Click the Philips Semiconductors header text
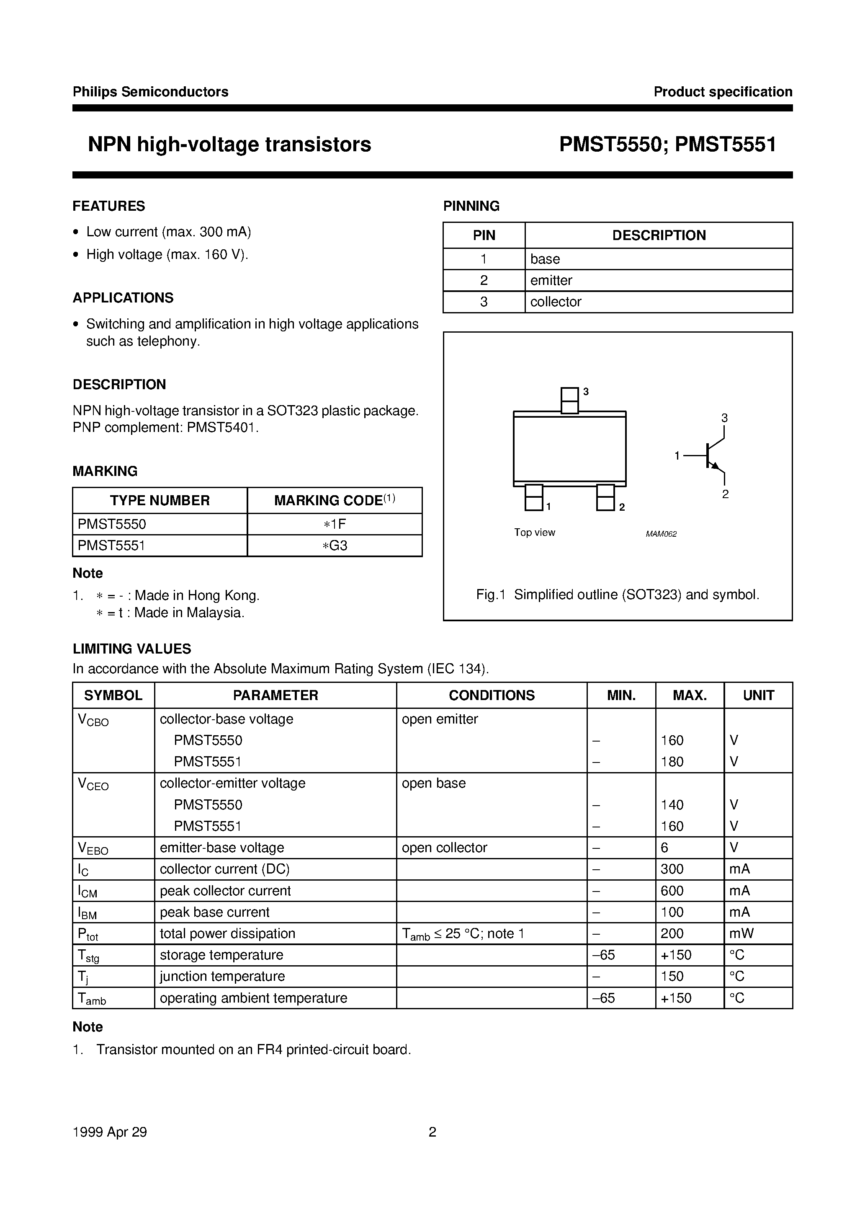point(150,92)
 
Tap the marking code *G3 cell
point(335,545)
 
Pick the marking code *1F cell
point(335,524)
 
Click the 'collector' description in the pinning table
point(555,302)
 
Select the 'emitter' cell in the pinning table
point(551,280)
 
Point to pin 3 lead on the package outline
point(569,400)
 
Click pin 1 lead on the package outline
point(534,497)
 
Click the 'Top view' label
point(534,532)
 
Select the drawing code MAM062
point(661,534)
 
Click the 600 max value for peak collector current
point(672,891)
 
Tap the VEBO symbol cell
point(93,848)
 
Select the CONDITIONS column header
point(491,695)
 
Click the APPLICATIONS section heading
point(123,298)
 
